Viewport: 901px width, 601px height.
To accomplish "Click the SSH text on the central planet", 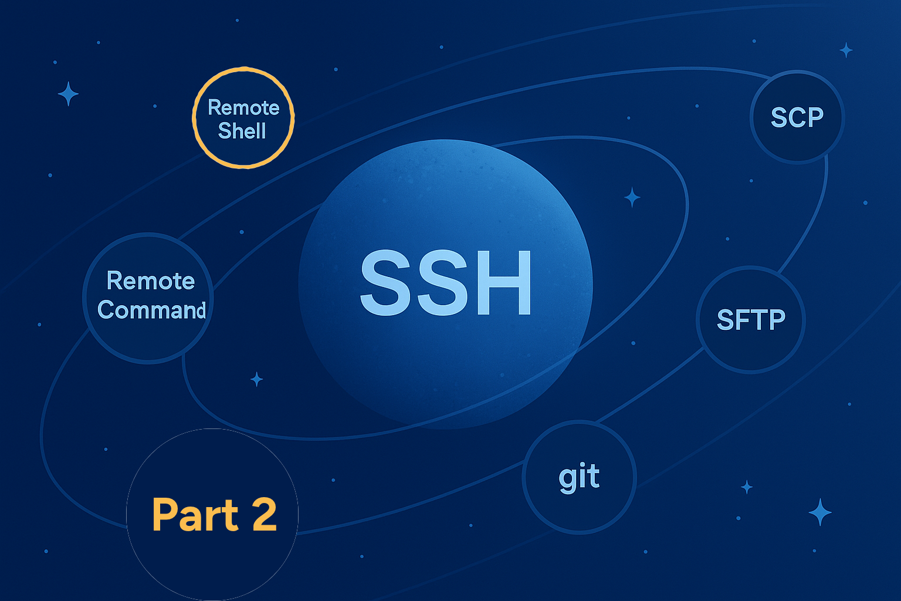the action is click(x=446, y=282).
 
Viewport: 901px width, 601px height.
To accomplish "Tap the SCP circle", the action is click(x=797, y=117).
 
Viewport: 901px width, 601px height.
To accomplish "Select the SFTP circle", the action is click(x=751, y=320).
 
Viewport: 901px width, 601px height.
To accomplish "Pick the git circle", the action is click(x=579, y=477).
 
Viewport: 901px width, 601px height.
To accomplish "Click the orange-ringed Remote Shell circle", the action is click(x=243, y=117).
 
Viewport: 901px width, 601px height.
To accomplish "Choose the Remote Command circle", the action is click(x=148, y=298).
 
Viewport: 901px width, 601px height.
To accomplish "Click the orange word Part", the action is click(x=195, y=515).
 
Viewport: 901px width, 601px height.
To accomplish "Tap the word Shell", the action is click(x=242, y=131).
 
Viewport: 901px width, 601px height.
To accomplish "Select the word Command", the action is click(x=152, y=310).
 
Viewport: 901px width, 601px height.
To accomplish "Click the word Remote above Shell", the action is click(x=243, y=107).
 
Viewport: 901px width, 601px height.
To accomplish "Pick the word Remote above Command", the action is click(x=150, y=281).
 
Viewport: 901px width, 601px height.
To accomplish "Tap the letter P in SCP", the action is click(x=814, y=117).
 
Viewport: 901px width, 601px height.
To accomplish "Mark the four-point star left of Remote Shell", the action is click(x=68, y=94).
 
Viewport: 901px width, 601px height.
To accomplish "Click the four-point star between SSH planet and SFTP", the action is click(x=632, y=197).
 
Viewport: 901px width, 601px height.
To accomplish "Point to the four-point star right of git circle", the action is click(x=747, y=487).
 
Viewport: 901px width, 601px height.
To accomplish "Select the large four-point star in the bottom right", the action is click(x=820, y=512).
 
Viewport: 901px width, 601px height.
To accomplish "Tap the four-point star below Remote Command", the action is click(x=256, y=379).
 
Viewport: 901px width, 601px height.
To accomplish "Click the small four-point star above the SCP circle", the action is click(x=846, y=50).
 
